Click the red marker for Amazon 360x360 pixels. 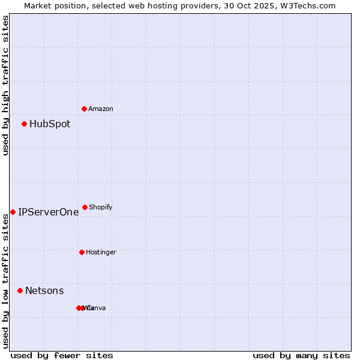(x=85, y=109)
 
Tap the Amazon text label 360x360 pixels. (x=101, y=109)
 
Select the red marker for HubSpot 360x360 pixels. (x=25, y=124)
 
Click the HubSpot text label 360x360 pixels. (x=50, y=124)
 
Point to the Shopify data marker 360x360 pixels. (x=85, y=207)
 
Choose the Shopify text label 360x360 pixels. (x=101, y=208)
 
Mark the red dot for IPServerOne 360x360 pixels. (x=13, y=212)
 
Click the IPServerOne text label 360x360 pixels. (x=49, y=212)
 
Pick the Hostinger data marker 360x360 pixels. (x=82, y=252)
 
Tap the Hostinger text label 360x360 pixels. (x=101, y=253)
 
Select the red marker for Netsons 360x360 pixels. (x=20, y=290)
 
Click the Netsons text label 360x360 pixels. (x=44, y=291)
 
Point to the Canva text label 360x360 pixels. (x=97, y=308)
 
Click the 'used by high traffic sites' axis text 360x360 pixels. (x=5, y=85)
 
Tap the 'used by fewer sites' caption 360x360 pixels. (x=62, y=356)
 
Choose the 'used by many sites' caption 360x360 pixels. (x=301, y=356)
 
